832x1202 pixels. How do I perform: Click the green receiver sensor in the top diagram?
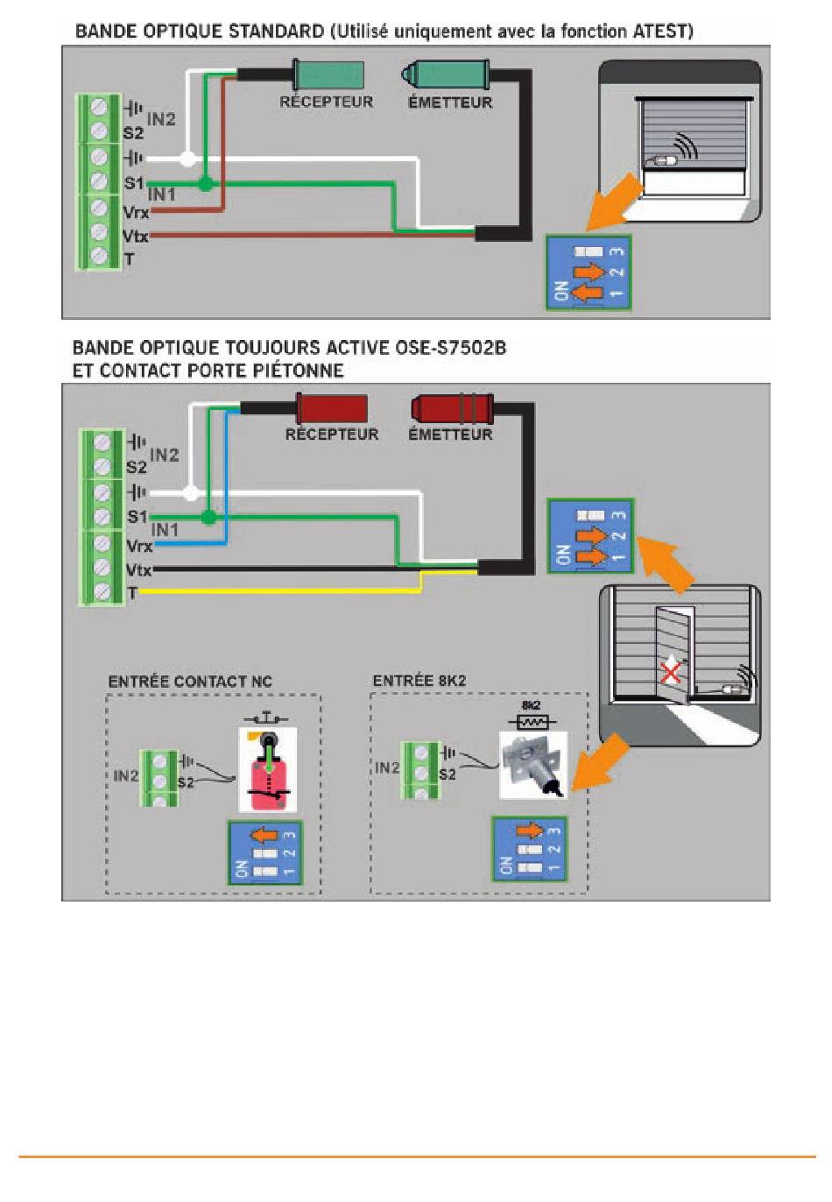pyautogui.click(x=328, y=74)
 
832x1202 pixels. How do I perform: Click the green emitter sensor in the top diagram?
pyautogui.click(x=445, y=74)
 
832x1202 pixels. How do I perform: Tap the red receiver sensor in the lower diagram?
pyautogui.click(x=332, y=408)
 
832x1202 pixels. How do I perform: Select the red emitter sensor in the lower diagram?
pyautogui.click(x=452, y=408)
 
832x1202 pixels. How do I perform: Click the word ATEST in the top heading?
pyautogui.click(x=659, y=32)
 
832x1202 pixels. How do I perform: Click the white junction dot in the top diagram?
pyautogui.click(x=187, y=159)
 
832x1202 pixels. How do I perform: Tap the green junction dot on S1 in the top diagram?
pyautogui.click(x=206, y=184)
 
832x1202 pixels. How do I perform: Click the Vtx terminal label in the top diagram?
pyautogui.click(x=135, y=237)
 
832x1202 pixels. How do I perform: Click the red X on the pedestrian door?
pyautogui.click(x=671, y=672)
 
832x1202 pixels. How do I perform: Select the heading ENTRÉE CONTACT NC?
pyautogui.click(x=190, y=682)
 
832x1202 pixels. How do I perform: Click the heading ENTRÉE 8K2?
pyautogui.click(x=419, y=681)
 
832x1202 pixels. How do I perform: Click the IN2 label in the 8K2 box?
pyautogui.click(x=387, y=767)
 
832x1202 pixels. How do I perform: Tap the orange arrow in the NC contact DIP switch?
pyautogui.click(x=264, y=835)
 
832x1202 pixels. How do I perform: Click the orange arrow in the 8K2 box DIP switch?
pyautogui.click(x=530, y=831)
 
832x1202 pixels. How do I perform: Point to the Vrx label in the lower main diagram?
pyautogui.click(x=139, y=547)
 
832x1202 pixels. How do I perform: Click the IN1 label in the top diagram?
pyautogui.click(x=161, y=194)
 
